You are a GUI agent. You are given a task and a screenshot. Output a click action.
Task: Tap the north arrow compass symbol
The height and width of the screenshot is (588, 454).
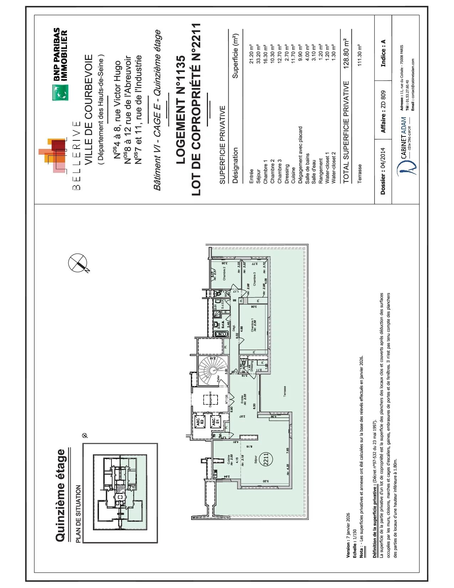(78, 263)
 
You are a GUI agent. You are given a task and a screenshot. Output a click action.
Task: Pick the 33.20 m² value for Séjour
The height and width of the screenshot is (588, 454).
(258, 54)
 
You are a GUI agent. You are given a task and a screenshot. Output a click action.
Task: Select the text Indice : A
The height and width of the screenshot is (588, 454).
(383, 53)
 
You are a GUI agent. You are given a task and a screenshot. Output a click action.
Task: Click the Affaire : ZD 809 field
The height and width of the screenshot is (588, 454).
(383, 112)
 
